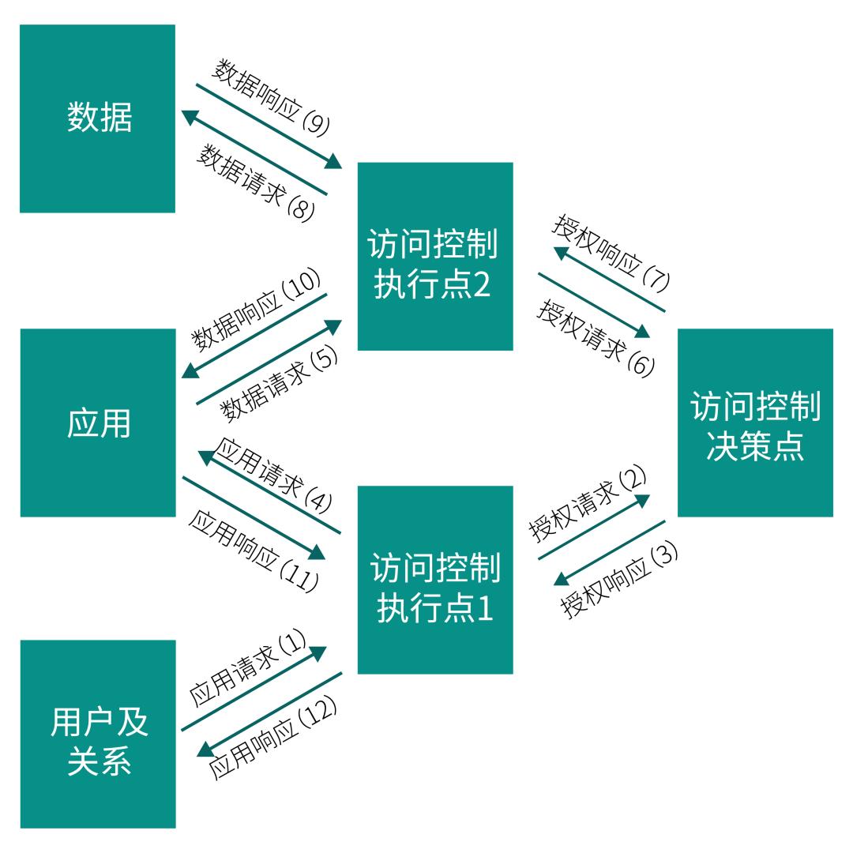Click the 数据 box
tap(97, 118)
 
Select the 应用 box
tap(97, 423)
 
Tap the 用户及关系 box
tap(97, 734)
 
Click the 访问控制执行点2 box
tap(435, 256)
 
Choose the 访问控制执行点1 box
tap(435, 580)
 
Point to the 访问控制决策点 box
tap(755, 423)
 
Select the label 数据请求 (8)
tap(256, 182)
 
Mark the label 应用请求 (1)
tap(247, 670)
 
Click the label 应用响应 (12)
tap(272, 739)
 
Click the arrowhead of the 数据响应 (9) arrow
tap(334, 162)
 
